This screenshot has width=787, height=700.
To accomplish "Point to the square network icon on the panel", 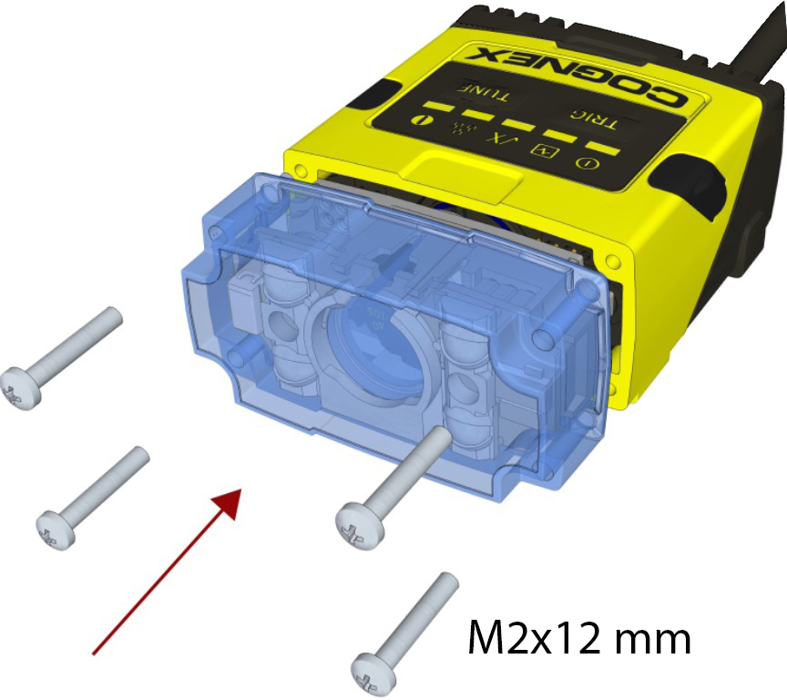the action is [x=545, y=150].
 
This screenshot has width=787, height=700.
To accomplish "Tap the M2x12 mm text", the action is [x=579, y=637].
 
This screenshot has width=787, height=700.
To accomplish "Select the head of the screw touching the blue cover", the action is [x=360, y=525].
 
